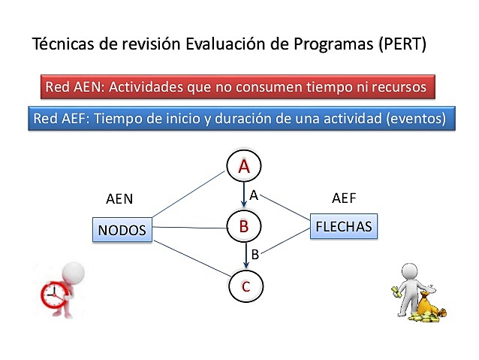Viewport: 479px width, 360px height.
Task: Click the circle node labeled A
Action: (x=244, y=167)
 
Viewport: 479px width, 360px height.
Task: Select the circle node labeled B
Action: (x=244, y=225)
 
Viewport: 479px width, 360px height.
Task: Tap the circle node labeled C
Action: (x=246, y=286)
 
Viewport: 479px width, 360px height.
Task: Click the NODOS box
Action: (x=121, y=229)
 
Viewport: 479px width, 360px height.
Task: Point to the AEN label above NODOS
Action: (x=120, y=199)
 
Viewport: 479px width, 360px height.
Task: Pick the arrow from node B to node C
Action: (x=246, y=256)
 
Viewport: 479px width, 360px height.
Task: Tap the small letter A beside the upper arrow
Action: (x=254, y=195)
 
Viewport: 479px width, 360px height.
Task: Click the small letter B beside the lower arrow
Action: (x=255, y=254)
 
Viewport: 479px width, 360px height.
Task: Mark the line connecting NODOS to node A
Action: (x=188, y=196)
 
